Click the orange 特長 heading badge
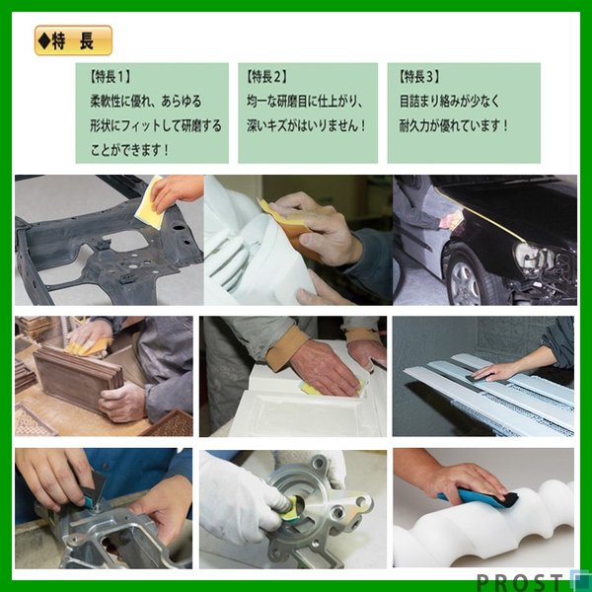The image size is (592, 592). [x=73, y=40]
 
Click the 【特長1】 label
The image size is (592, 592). [x=111, y=75]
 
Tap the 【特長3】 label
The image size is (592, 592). [x=419, y=75]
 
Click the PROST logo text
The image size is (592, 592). [x=522, y=580]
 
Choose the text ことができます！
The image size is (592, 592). [x=128, y=150]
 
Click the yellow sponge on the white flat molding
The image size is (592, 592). [x=314, y=388]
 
